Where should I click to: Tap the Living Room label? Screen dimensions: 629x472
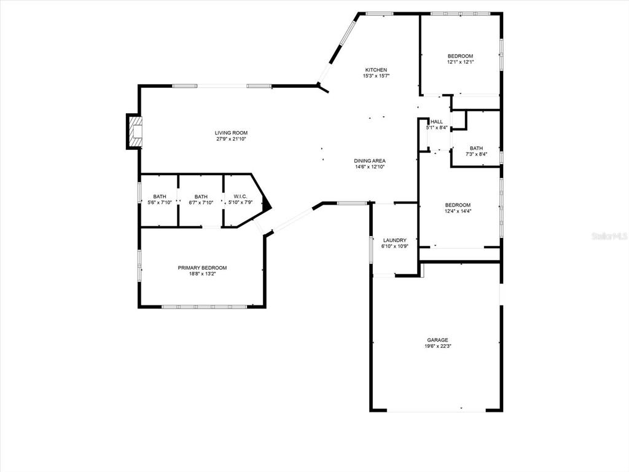pos(231,133)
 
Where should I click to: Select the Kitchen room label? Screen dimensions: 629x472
pos(376,70)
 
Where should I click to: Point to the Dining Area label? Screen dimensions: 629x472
pos(370,161)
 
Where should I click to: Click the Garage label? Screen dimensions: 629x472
pos(437,340)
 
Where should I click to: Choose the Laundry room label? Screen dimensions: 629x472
pos(395,240)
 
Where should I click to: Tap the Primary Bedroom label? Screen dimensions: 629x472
pos(202,268)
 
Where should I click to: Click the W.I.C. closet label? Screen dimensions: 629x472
pos(240,196)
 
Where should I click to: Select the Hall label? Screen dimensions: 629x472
pos(437,122)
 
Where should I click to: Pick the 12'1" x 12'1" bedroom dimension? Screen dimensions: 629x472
pos(460,62)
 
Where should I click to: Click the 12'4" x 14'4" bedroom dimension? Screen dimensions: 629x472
pos(457,211)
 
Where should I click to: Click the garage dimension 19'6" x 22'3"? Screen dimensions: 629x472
pos(437,346)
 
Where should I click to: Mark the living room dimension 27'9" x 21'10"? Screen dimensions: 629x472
pos(231,139)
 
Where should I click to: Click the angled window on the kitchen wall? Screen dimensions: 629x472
pos(346,33)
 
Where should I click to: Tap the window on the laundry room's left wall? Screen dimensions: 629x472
pos(372,250)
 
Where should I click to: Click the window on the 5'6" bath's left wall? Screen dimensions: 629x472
pos(139,194)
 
